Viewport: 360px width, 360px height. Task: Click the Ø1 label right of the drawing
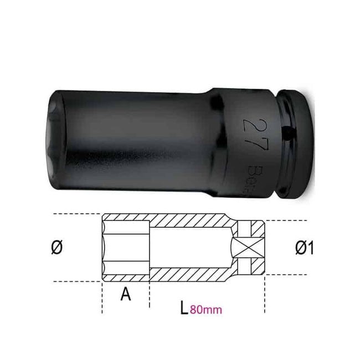click(x=304, y=249)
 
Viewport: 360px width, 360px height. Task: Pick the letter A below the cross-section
click(x=125, y=296)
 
